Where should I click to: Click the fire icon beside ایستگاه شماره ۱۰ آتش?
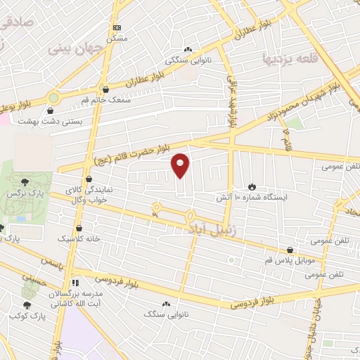(x=252, y=188)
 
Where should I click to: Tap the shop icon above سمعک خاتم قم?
(x=105, y=90)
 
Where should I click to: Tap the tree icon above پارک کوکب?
(x=27, y=304)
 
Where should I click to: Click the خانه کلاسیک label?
(x=78, y=239)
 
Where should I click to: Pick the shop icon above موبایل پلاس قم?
(x=290, y=250)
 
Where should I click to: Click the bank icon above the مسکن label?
(x=116, y=27)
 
